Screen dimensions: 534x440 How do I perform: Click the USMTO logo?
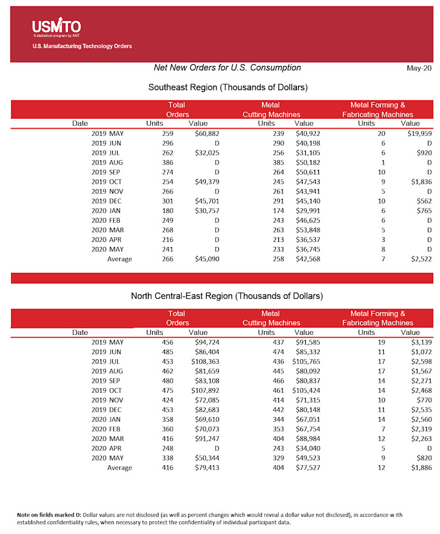56,27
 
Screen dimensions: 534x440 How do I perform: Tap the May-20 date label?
419,68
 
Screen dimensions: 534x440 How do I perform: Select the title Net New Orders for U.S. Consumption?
227,68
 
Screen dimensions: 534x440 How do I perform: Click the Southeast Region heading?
228,87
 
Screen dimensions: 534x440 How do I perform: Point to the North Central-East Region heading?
227,296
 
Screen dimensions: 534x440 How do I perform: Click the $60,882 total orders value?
207,133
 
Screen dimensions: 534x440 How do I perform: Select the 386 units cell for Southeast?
167,163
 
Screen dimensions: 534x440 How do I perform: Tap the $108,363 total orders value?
205,361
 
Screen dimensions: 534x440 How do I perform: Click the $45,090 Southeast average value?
207,258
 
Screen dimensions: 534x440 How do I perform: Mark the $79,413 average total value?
207,467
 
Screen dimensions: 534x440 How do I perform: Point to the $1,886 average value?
421,467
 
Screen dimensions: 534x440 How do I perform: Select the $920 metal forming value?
424,153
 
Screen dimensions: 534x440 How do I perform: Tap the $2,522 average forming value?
421,258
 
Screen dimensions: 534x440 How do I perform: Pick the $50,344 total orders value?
207,458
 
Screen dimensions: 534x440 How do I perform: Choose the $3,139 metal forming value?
421,342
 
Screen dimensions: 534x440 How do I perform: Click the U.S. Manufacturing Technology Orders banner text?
82,46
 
